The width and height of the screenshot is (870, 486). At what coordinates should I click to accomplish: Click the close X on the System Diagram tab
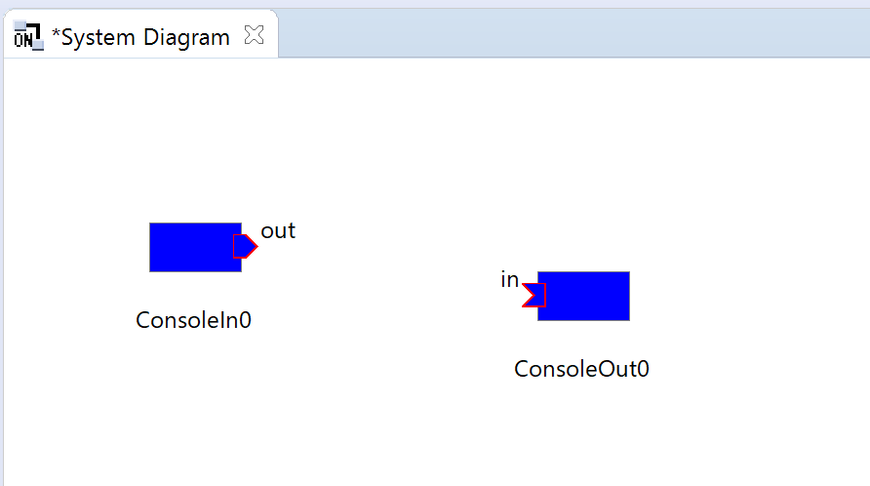[255, 35]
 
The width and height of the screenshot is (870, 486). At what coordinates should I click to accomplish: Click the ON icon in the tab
[27, 36]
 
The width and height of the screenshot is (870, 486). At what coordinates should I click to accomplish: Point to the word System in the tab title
[99, 38]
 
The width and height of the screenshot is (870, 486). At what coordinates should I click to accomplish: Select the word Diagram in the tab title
[186, 38]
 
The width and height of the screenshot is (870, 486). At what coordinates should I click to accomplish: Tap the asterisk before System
[56, 33]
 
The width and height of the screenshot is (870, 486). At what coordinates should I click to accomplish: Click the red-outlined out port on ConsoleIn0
[245, 246]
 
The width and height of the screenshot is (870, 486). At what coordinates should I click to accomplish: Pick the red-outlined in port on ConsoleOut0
[534, 295]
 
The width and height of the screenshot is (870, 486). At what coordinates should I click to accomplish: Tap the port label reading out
[278, 230]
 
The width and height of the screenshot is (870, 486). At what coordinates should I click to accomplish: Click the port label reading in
[509, 279]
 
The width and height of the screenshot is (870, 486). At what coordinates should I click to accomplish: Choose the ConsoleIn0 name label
[194, 320]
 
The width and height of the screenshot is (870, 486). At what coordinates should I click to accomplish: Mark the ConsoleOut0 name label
[581, 369]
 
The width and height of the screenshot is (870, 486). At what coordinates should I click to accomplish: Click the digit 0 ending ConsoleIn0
[245, 320]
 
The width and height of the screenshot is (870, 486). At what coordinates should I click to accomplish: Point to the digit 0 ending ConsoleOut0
[643, 369]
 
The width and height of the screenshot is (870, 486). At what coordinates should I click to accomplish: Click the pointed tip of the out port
[257, 246]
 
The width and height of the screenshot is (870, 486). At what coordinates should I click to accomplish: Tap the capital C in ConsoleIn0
[143, 320]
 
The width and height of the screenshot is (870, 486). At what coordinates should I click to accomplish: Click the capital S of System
[67, 38]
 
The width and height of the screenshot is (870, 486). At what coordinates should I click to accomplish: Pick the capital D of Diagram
[151, 37]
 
